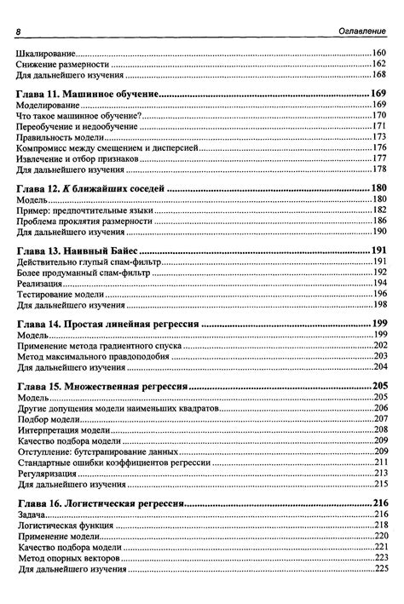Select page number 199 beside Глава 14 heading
[378, 325]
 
